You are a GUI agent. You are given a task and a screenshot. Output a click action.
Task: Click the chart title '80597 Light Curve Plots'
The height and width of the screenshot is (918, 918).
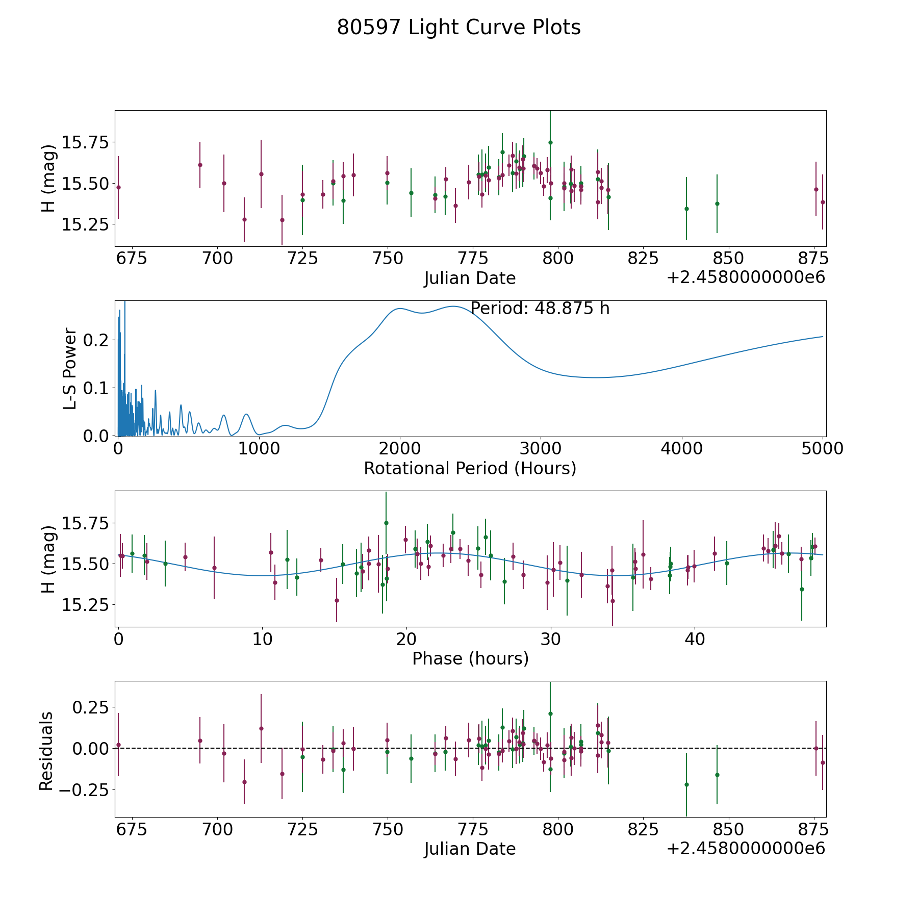pos(458,28)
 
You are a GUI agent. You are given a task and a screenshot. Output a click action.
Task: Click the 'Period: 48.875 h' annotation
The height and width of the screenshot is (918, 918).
pos(540,309)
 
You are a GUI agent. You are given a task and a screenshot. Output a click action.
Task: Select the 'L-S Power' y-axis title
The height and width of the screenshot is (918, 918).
pos(70,368)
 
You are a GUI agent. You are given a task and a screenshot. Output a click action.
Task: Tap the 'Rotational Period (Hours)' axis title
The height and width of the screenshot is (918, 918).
pos(470,468)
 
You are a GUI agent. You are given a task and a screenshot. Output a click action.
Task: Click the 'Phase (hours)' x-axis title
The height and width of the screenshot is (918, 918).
pos(470,658)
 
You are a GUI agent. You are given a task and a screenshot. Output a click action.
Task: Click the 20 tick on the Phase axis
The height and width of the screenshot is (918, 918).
pos(406,639)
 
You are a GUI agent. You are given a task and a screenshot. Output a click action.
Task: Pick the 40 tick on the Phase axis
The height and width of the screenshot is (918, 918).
pos(694,639)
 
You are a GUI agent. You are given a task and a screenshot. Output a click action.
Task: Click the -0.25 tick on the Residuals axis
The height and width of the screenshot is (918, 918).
pos(83,790)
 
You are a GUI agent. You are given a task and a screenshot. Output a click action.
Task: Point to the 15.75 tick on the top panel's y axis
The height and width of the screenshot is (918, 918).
pos(85,142)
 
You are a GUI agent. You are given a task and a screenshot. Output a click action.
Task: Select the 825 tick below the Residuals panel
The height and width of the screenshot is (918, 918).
pos(643,829)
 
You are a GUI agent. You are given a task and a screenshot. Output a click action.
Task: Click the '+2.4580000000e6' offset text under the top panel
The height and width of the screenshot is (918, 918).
pos(746,277)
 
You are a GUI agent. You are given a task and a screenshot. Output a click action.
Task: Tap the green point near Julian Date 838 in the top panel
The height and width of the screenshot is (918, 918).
pos(686,209)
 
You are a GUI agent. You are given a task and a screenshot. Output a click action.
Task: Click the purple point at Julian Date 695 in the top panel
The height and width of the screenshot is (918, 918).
pos(200,165)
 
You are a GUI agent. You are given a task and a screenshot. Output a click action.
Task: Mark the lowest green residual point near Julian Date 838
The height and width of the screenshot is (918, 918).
pos(686,784)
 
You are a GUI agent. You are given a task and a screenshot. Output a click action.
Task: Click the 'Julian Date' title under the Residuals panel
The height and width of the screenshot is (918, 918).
pos(470,849)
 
